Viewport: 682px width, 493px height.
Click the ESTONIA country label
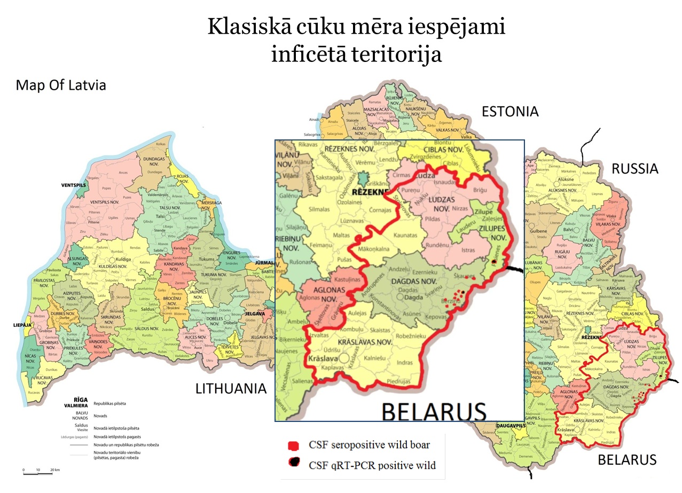coord(510,111)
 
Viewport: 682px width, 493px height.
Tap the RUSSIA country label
coord(634,169)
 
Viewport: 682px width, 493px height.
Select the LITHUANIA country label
coord(231,388)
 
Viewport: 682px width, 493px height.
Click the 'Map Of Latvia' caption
coord(61,85)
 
